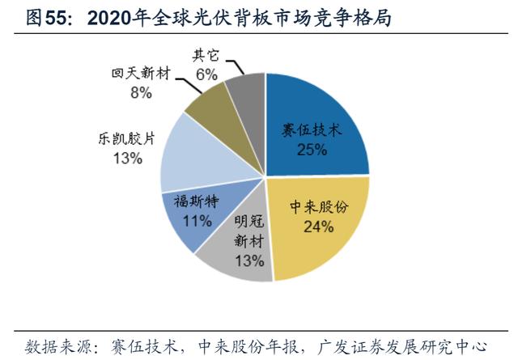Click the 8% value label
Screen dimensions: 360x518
point(141,92)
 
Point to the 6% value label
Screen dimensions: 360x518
point(206,74)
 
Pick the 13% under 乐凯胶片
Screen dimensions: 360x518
point(128,159)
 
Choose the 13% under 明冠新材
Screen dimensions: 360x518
point(249,260)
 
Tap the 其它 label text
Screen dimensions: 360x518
point(206,56)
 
